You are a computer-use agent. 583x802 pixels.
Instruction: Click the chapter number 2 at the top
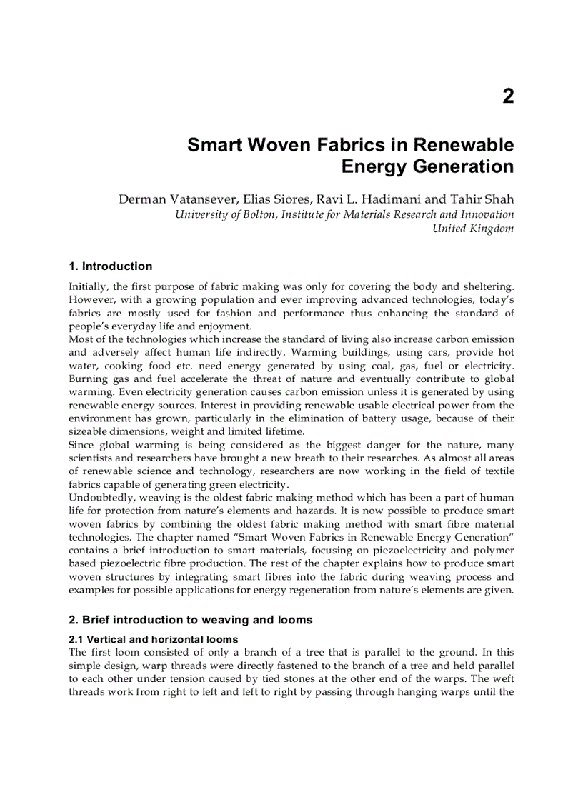(508, 96)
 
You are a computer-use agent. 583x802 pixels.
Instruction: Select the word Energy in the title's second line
(376, 167)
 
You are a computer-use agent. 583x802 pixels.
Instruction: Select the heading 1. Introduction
(111, 266)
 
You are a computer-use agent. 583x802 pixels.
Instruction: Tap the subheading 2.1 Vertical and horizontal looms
(154, 639)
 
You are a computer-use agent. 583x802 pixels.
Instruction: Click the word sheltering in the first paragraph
(488, 286)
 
